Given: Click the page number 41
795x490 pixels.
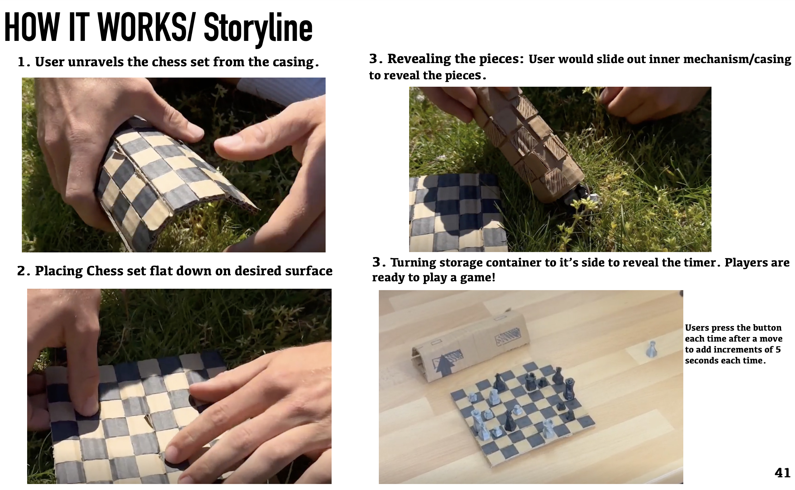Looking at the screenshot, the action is pos(782,472).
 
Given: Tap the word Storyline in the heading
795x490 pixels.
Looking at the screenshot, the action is pos(258,29).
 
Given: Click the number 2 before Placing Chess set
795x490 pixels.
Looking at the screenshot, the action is pos(21,271).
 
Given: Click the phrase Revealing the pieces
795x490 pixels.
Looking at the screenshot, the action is pos(456,59).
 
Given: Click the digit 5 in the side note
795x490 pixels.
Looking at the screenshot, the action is pos(778,350).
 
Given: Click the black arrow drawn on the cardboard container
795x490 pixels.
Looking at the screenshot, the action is pos(444,365).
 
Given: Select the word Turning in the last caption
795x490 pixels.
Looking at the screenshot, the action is pos(414,263).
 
